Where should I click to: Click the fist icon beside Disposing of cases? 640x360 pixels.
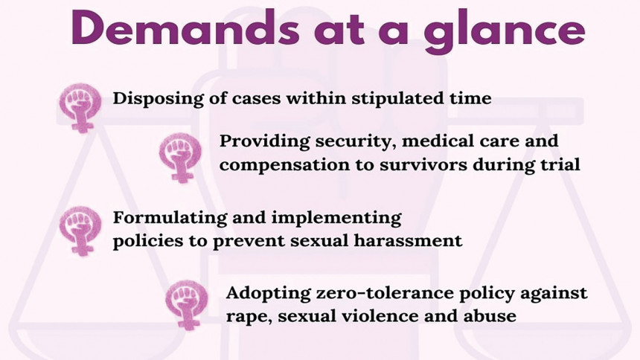click(x=80, y=107)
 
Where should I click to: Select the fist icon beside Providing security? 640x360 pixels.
click(x=180, y=157)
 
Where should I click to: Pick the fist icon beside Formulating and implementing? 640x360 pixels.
click(x=80, y=231)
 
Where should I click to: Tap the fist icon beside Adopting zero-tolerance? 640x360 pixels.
click(x=187, y=304)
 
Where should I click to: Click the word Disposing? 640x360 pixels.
click(x=158, y=99)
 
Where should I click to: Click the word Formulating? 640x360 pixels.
click(x=170, y=218)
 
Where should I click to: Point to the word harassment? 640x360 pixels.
click(x=408, y=240)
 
